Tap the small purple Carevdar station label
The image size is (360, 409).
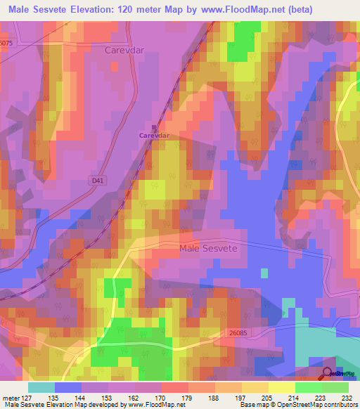tap(154, 135)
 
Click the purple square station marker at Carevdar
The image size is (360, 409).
tap(155, 128)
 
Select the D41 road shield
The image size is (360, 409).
tap(97, 181)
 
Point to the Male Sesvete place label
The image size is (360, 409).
tap(209, 249)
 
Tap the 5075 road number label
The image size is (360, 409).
tap(6, 42)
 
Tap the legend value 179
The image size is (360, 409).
tap(188, 398)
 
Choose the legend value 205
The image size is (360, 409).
tap(267, 398)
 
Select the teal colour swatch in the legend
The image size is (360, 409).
tap(41, 387)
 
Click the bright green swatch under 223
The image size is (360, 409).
tap(309, 387)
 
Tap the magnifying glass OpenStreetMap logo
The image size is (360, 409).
tap(327, 372)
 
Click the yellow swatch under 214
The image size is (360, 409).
tap(282, 387)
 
